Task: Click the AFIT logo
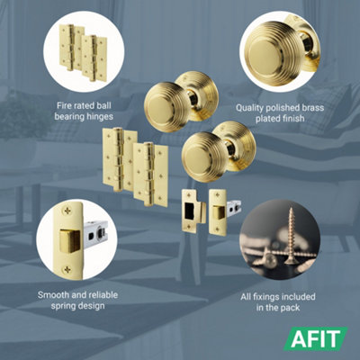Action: pyautogui.click(x=319, y=339)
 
